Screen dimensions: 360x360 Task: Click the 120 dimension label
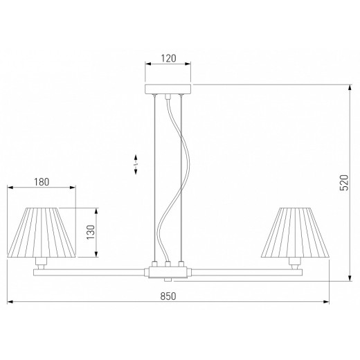(x=168, y=58)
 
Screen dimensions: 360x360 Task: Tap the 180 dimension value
(x=42, y=182)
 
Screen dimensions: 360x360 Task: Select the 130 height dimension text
(x=91, y=232)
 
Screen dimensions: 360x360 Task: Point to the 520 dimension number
(x=344, y=183)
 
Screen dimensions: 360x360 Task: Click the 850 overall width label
(x=168, y=296)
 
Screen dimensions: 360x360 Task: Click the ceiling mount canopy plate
(x=168, y=89)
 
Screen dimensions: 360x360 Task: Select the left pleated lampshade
(x=42, y=233)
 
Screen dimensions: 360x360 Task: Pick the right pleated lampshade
(x=295, y=233)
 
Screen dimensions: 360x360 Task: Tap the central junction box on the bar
(x=168, y=272)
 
